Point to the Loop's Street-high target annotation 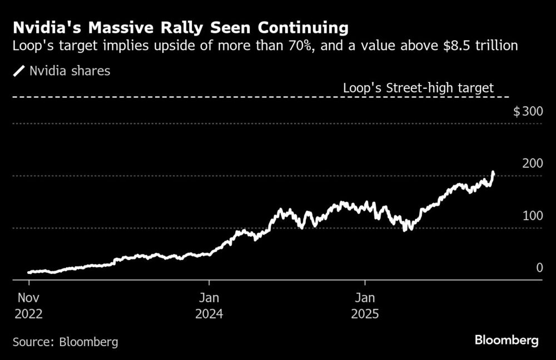418,87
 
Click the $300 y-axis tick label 528,112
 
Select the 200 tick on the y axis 532,163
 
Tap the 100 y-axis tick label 532,216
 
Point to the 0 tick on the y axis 539,268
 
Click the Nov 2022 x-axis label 28,304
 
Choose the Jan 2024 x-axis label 209,304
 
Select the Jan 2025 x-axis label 365,304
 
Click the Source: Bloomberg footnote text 65,341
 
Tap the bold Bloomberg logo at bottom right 507,341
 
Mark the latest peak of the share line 493,173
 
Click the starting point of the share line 28,272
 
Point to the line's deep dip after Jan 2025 405,228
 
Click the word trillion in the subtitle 498,46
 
